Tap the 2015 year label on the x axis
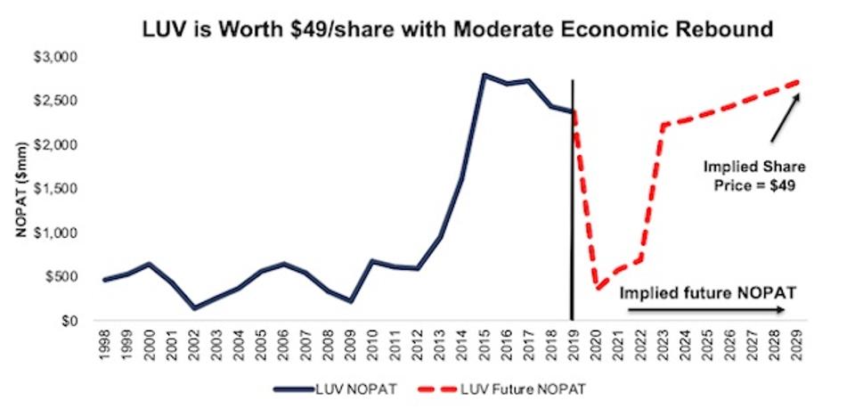(484, 342)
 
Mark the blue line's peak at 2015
(484, 75)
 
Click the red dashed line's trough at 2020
(595, 288)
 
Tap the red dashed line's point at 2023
(662, 126)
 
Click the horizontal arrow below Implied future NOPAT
(704, 310)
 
